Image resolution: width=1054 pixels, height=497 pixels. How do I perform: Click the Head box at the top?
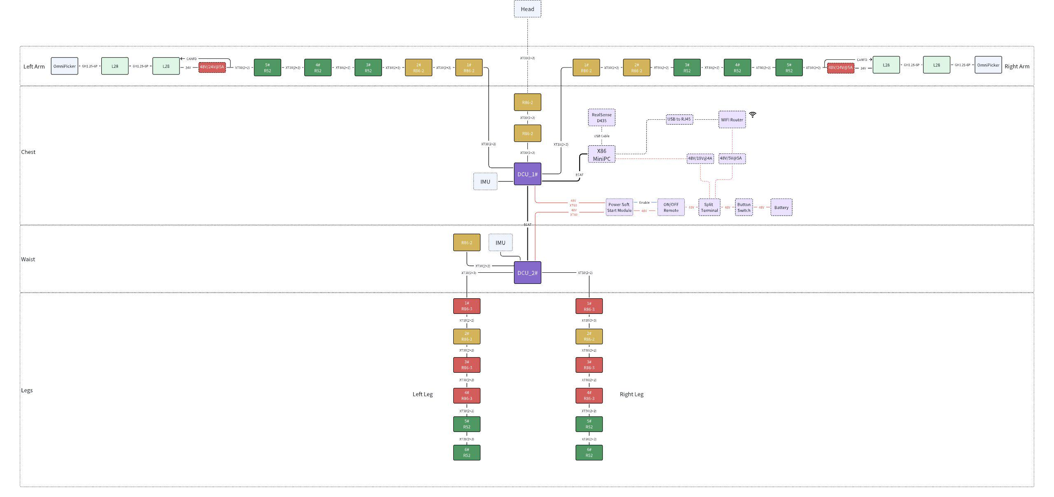(527, 9)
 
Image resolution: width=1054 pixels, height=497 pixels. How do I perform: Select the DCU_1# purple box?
(527, 174)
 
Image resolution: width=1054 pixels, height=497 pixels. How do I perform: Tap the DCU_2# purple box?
(527, 273)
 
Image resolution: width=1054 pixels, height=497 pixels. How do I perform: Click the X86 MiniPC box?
(602, 154)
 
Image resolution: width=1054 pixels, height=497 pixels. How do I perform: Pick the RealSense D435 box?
(602, 118)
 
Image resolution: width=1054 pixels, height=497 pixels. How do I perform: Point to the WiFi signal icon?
(753, 115)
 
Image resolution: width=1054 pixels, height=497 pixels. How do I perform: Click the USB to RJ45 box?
(679, 119)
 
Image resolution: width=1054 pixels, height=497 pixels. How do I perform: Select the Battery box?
(781, 207)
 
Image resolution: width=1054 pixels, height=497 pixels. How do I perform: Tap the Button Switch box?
(744, 207)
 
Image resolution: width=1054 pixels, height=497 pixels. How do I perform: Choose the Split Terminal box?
(709, 207)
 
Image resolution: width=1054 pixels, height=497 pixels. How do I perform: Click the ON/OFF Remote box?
(671, 207)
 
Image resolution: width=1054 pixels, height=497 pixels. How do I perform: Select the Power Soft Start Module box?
(619, 207)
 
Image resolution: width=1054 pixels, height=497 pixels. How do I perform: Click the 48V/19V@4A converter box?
(700, 158)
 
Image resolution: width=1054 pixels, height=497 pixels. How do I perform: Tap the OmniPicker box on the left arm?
(64, 66)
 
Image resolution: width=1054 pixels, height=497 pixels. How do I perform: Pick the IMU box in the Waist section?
(500, 243)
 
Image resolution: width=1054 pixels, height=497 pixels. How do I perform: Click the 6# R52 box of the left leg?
(466, 453)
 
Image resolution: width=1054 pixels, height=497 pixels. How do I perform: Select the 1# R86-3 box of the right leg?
(589, 306)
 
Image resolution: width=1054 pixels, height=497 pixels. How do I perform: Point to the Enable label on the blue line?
(644, 202)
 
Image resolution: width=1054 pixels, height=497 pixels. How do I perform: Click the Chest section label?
(28, 152)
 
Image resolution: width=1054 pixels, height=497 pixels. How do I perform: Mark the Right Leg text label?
(632, 394)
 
